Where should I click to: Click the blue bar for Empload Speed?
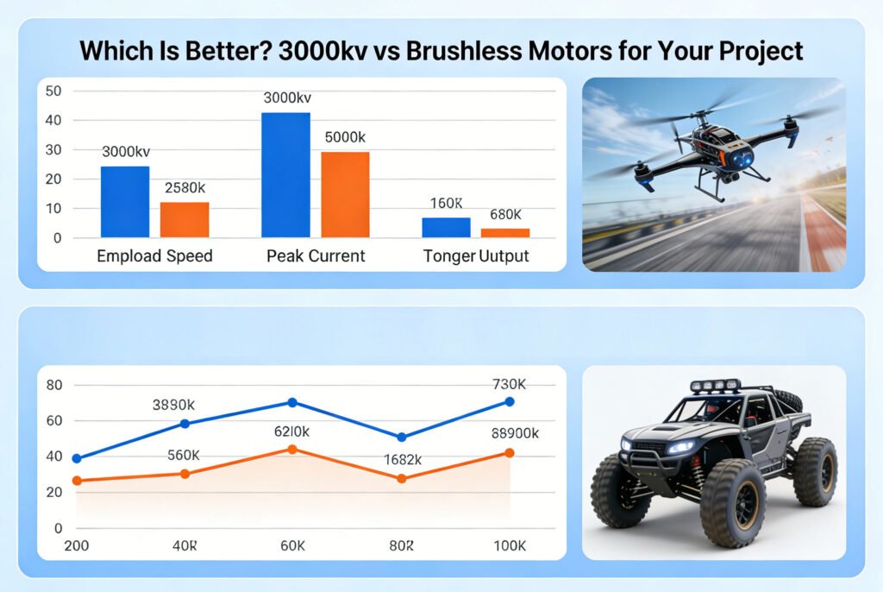[x=125, y=202]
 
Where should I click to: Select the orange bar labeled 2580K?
[x=185, y=220]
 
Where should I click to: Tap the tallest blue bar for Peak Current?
[x=285, y=175]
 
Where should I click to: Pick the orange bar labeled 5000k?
[x=345, y=195]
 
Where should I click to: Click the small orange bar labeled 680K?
[x=504, y=233]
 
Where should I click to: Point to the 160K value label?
[x=447, y=204]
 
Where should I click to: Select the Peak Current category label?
[x=316, y=256]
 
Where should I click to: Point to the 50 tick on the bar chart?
[x=53, y=91]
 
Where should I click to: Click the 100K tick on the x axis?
[x=509, y=546]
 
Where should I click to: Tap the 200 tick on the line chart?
[x=77, y=546]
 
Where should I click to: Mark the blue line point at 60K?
[x=292, y=402]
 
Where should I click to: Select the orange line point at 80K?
[x=401, y=478]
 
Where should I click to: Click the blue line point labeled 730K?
[x=510, y=401]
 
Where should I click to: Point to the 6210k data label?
[x=291, y=429]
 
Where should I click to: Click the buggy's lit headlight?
[x=681, y=446]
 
